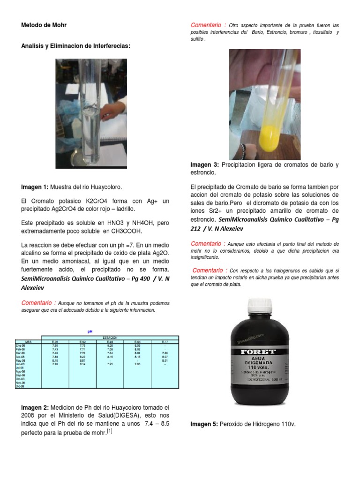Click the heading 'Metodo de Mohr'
44,25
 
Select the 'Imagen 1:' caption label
35,187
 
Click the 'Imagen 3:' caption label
204,165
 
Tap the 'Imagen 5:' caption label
204,424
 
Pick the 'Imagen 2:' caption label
35,407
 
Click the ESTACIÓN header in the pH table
110,337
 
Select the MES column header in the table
28,342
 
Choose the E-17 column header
165,342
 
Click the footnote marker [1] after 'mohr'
109,431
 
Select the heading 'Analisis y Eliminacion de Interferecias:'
75,45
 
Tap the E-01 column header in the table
55,342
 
